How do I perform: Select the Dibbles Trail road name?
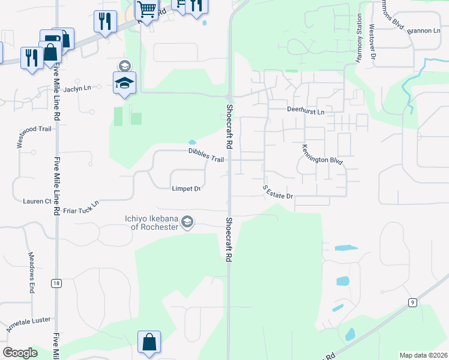coord(206,155)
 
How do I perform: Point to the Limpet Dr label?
coord(186,188)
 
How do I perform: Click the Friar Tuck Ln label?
coord(80,208)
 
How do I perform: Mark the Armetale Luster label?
coord(28,325)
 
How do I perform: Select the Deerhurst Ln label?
coord(305,112)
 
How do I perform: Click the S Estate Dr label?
coord(277,192)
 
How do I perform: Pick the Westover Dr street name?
coord(372,41)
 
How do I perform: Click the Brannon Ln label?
coord(423,31)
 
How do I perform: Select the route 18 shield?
coord(56,283)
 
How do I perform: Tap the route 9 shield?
coord(412,302)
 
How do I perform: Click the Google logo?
coord(20,352)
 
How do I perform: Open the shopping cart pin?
coord(146,9)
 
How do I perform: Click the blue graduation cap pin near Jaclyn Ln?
coord(124,82)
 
